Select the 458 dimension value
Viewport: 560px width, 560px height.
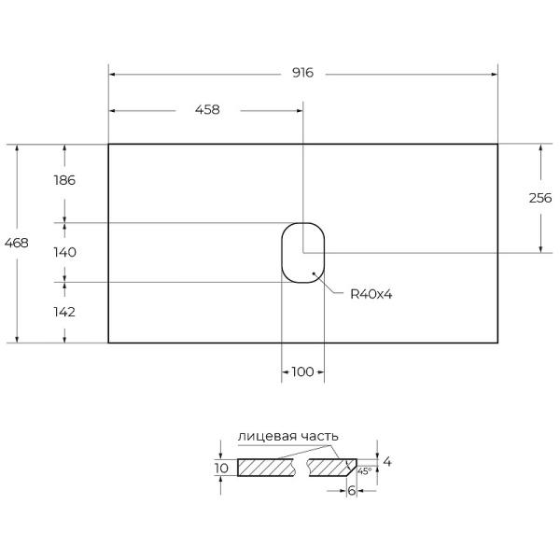[x=207, y=109]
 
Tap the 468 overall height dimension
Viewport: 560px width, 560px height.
[x=17, y=243]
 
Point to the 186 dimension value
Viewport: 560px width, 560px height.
[x=63, y=180]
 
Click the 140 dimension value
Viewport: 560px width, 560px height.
[x=63, y=252]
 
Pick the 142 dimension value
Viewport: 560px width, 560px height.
[x=63, y=312]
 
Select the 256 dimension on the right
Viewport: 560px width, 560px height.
[x=540, y=198]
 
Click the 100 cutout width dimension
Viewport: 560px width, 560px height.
[x=302, y=371]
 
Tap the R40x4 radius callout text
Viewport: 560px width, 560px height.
[x=371, y=294]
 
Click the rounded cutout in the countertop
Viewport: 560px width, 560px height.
[x=302, y=252]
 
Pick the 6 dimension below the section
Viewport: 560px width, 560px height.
[x=351, y=490]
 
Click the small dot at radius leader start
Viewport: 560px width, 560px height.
[x=315, y=273]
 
